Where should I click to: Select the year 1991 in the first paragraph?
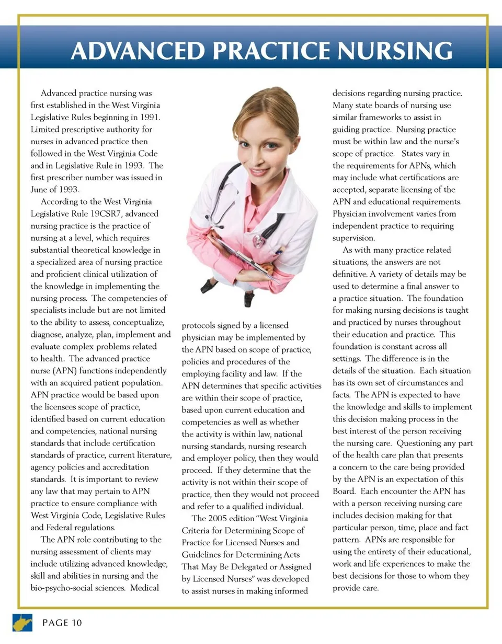[x=149, y=117]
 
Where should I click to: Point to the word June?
[x=39, y=190]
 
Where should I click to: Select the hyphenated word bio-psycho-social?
[x=77, y=588]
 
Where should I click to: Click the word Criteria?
[x=196, y=531]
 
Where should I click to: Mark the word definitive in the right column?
[x=350, y=274]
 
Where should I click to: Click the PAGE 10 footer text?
[x=62, y=623]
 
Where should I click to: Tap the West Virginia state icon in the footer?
[x=22, y=623]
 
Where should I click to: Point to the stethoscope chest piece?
[x=259, y=241]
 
